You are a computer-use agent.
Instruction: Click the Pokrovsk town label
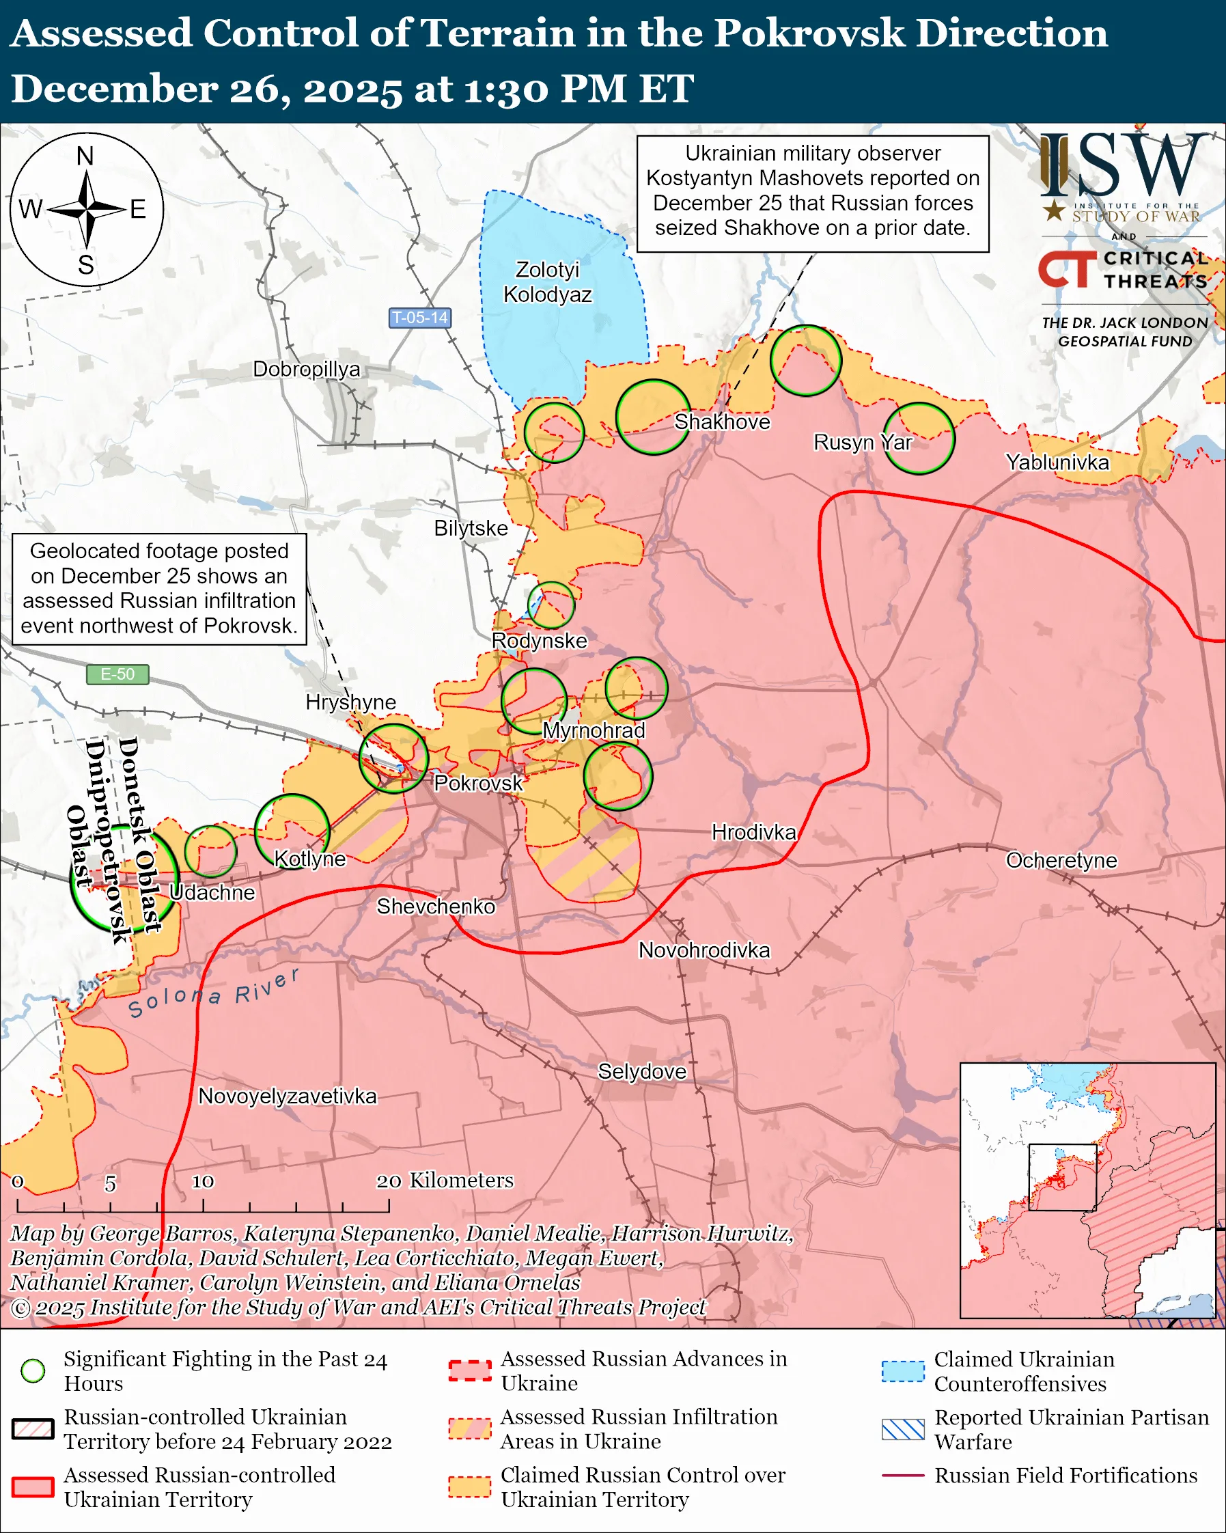click(477, 783)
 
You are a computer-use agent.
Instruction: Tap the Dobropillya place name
click(306, 369)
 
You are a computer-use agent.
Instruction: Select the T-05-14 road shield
click(420, 318)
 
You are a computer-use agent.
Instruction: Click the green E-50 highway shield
click(117, 674)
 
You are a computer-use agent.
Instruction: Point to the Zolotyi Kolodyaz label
click(547, 281)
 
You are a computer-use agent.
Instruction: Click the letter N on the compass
click(85, 156)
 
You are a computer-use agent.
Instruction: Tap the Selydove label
click(642, 1072)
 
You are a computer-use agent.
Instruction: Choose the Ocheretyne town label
click(1061, 860)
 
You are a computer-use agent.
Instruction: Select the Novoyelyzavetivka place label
click(287, 1096)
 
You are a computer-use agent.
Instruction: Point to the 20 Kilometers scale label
click(445, 1180)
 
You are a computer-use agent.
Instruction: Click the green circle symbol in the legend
click(33, 1370)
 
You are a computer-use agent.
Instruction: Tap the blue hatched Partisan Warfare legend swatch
click(903, 1429)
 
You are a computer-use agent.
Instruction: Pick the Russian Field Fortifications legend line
click(903, 1476)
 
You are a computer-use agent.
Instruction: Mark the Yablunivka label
click(1057, 462)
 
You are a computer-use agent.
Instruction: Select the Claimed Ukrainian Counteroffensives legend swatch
click(903, 1371)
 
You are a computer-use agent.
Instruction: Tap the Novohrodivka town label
click(703, 950)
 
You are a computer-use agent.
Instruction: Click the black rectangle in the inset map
click(1063, 1177)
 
